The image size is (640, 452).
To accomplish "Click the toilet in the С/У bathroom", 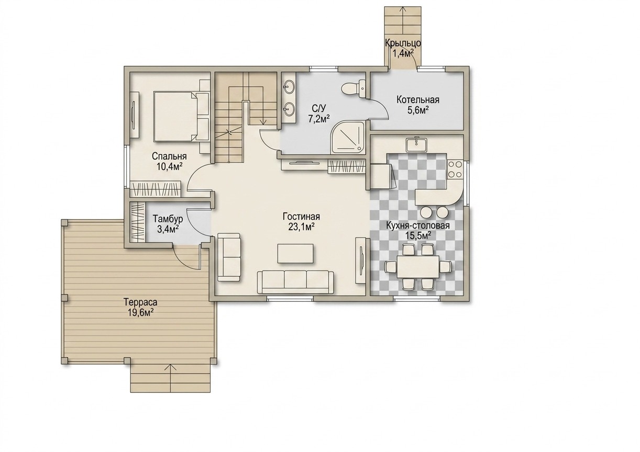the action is [x=354, y=89].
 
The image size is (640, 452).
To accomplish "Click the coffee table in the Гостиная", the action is [x=295, y=253].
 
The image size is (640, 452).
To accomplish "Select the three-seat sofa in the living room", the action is [x=295, y=282].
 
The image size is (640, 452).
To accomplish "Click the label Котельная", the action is [x=418, y=100].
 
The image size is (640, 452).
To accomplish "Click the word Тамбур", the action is [x=168, y=219].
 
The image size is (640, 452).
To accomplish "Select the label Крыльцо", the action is [x=403, y=43].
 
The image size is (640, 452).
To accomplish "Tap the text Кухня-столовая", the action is [x=418, y=225].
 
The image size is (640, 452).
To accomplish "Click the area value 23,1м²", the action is [x=301, y=227].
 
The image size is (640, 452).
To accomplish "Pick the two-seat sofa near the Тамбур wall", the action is [x=229, y=257].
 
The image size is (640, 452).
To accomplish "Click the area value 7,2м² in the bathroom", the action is [x=318, y=118].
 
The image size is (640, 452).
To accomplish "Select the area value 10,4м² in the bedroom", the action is [x=170, y=166].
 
